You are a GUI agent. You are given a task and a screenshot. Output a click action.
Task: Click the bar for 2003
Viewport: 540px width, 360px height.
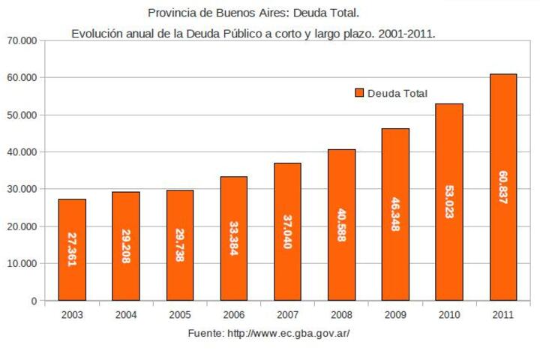tap(72, 250)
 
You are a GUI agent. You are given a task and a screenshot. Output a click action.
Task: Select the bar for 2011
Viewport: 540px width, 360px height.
tap(503, 187)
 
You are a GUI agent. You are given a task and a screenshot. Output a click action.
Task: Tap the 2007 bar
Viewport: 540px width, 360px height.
tap(287, 232)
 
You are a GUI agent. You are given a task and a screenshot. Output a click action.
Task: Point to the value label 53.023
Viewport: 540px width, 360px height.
tap(449, 202)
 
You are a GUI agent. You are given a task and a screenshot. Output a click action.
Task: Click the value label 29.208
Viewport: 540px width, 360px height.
tap(126, 246)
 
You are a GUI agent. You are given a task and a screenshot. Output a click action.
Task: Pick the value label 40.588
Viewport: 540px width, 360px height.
tap(341, 225)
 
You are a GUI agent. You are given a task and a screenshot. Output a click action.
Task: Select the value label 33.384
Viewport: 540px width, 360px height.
tap(234, 238)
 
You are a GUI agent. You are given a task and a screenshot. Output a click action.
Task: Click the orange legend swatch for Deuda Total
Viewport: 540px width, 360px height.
tap(359, 93)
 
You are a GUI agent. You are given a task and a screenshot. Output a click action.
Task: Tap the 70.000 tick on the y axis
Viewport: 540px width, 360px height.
tap(22, 40)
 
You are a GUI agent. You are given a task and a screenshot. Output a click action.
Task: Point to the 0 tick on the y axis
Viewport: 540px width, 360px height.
tap(34, 301)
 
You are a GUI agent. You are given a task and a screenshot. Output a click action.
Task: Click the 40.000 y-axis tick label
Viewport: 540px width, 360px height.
tap(22, 152)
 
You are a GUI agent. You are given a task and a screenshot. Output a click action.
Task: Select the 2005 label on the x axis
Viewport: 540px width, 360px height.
tap(180, 315)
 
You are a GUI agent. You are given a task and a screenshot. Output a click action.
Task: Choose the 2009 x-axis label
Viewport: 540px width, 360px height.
tap(395, 315)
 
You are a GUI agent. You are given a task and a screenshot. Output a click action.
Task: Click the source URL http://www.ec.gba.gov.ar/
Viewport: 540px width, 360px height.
tap(289, 334)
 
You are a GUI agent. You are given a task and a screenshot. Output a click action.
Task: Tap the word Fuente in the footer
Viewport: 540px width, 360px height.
tap(206, 334)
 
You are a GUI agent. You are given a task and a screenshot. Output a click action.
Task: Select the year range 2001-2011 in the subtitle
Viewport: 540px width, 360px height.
tap(406, 34)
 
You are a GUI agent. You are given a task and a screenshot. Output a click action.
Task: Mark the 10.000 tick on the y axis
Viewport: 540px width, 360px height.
tap(22, 263)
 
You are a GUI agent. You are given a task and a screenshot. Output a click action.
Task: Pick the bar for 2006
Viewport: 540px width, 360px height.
tap(234, 238)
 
